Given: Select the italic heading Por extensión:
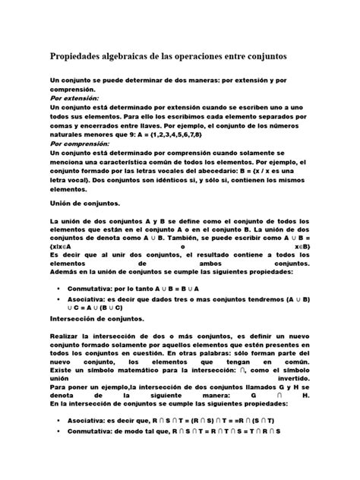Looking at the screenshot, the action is [74, 99].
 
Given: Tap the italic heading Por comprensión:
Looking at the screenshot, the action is [80, 141].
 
